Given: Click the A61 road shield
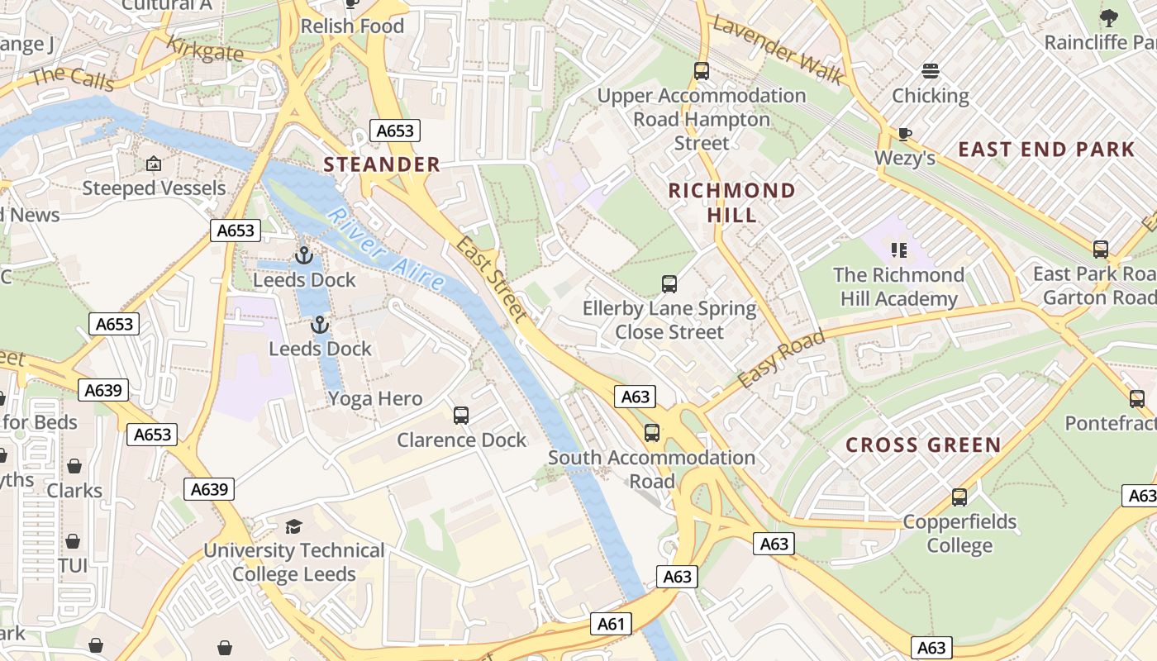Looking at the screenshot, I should (x=611, y=624).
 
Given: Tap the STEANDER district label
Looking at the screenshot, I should (x=382, y=164).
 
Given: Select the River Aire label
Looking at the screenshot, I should (x=385, y=249).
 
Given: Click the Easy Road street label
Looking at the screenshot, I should (x=780, y=359).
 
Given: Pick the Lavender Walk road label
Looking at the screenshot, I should (x=778, y=50).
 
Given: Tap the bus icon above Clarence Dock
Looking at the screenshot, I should (x=461, y=415).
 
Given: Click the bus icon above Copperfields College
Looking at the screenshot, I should (x=959, y=497).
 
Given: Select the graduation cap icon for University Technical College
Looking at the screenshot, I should (x=293, y=526).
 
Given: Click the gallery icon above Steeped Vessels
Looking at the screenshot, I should (x=153, y=164).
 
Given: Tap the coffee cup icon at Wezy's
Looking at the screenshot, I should (x=905, y=134).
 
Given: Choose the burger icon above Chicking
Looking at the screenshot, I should (x=931, y=71).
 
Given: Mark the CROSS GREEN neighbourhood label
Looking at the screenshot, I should (x=923, y=445).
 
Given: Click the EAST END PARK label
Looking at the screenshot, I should (x=1046, y=150).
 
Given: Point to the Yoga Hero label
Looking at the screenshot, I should (x=375, y=398).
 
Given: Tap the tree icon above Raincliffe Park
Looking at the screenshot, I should (x=1108, y=17).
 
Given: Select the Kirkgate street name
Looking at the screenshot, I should (x=205, y=50).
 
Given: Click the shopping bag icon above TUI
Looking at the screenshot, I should (x=73, y=541).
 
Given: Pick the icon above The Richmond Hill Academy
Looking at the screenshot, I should (x=898, y=250).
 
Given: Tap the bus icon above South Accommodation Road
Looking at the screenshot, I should (x=651, y=432).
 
